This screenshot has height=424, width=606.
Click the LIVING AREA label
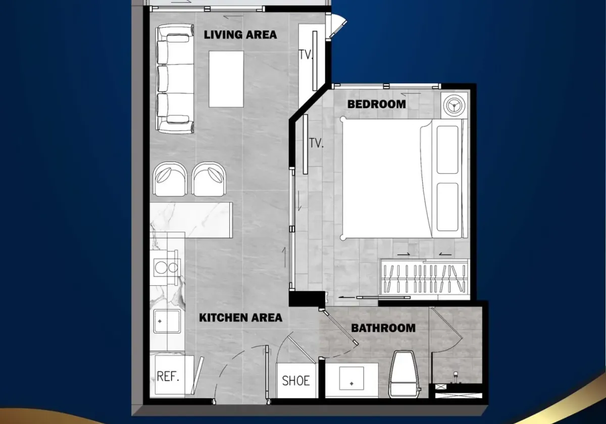240,35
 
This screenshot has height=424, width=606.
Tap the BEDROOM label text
377,104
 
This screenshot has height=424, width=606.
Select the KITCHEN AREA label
240,317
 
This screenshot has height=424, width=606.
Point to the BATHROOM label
383,328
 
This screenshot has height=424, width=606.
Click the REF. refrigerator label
168,376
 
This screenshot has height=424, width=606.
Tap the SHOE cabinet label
296,381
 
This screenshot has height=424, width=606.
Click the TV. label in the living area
306,55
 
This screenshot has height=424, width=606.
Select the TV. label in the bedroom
316,143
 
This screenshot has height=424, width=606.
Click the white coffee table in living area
226,79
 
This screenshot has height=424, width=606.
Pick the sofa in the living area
175,79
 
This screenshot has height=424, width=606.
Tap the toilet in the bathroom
403,374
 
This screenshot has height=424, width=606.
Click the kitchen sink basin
167,321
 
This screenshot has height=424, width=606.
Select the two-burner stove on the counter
166,268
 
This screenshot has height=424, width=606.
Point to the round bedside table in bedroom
454,105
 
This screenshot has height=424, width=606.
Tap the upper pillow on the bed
447,150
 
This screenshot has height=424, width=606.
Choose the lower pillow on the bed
447,207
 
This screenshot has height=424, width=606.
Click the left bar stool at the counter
170,179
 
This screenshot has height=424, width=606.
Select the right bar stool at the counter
209,179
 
